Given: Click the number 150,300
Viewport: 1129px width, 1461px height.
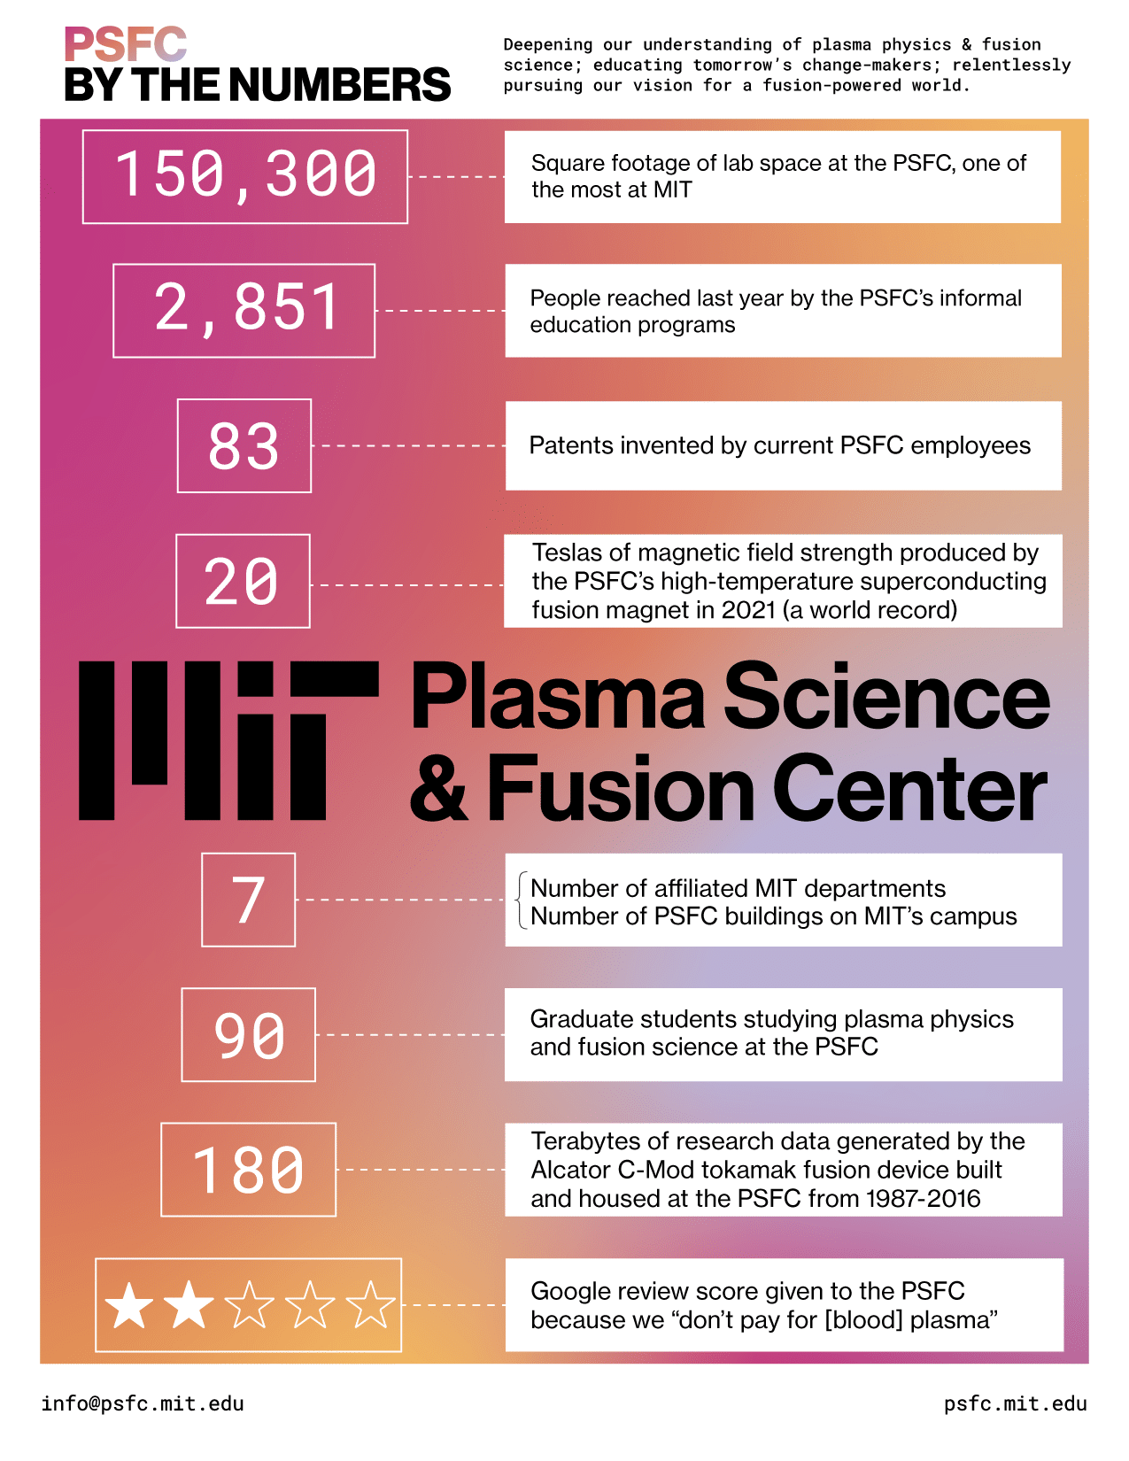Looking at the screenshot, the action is coord(245,174).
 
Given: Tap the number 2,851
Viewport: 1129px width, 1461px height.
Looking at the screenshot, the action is coord(246,309).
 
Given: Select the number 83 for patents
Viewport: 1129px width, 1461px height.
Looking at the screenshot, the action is coord(243,445).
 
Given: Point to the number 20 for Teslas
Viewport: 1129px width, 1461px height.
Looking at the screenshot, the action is coord(241,581).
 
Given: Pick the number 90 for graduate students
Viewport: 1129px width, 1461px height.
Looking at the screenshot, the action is coord(249,1035).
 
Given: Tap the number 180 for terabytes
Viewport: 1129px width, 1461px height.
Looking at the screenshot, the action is coord(248,1170).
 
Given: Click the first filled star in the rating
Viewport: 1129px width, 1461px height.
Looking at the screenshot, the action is coord(128,1306).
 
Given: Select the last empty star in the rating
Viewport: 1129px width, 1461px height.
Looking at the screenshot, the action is coord(370,1306).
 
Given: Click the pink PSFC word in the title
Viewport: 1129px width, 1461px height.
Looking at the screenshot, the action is coord(125,44).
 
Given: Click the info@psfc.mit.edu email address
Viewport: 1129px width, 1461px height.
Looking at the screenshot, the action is coord(143,1403).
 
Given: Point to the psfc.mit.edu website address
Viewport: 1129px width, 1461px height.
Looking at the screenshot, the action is coord(1016,1403).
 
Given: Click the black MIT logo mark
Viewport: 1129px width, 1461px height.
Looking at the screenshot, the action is coord(228,740).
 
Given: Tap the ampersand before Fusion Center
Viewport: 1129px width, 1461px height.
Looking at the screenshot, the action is coord(438,787).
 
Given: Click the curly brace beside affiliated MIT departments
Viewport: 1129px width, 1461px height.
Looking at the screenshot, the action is coord(521,901).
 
